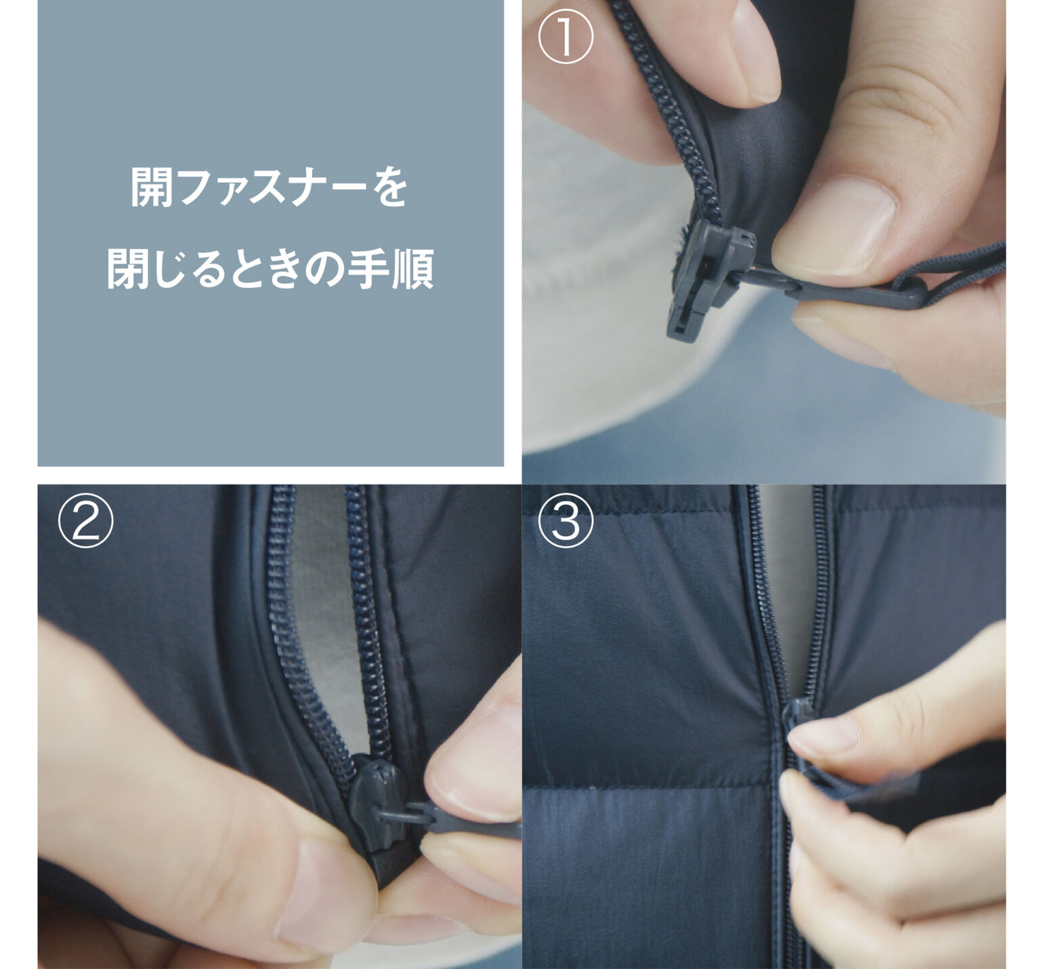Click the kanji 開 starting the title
[150, 187]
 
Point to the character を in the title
[389, 187]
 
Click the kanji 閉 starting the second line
[127, 268]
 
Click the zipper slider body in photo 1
[708, 278]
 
